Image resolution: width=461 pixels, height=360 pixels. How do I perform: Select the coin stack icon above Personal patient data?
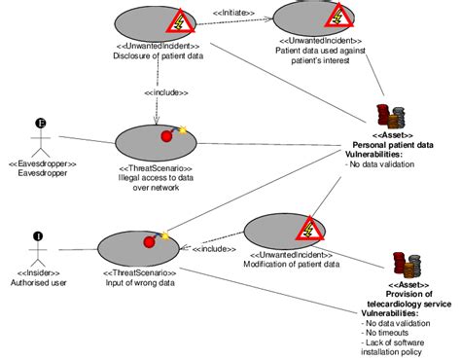point(391,116)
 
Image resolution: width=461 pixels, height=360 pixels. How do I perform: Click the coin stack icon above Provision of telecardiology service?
point(407,264)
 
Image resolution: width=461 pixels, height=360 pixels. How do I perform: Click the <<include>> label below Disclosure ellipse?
point(165,92)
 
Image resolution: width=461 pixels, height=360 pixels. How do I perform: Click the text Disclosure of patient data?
point(156,55)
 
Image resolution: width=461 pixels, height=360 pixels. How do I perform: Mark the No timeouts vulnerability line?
point(385,334)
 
